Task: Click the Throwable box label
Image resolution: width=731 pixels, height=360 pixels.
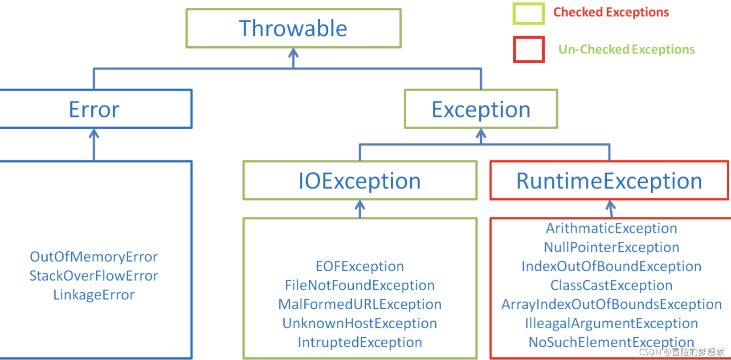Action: pyautogui.click(x=293, y=28)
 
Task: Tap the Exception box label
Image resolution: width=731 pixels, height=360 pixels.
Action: pyautogui.click(x=481, y=110)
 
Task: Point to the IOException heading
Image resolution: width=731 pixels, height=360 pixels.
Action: pyautogui.click(x=359, y=181)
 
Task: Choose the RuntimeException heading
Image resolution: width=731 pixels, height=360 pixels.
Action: pyautogui.click(x=609, y=181)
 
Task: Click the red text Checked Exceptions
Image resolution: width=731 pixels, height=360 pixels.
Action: pyautogui.click(x=611, y=12)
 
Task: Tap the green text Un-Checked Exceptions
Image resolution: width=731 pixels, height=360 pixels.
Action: pyautogui.click(x=627, y=49)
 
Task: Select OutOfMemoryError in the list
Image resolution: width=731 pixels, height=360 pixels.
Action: pyautogui.click(x=94, y=257)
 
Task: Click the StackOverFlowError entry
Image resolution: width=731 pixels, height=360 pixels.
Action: pyautogui.click(x=94, y=276)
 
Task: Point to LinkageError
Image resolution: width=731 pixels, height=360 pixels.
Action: pyautogui.click(x=94, y=295)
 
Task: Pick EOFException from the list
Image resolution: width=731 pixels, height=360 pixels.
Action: pyautogui.click(x=359, y=266)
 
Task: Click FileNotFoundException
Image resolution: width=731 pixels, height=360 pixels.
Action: pyautogui.click(x=359, y=286)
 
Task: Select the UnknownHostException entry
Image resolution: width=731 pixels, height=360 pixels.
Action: pyautogui.click(x=359, y=323)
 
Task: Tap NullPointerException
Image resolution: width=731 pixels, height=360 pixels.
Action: pyautogui.click(x=611, y=247)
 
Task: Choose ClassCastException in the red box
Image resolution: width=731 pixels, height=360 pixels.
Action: pyautogui.click(x=611, y=286)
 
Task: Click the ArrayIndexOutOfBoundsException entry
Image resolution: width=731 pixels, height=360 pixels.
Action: pyautogui.click(x=611, y=304)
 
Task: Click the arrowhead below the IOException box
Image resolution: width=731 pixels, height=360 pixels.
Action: pyautogui.click(x=359, y=205)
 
